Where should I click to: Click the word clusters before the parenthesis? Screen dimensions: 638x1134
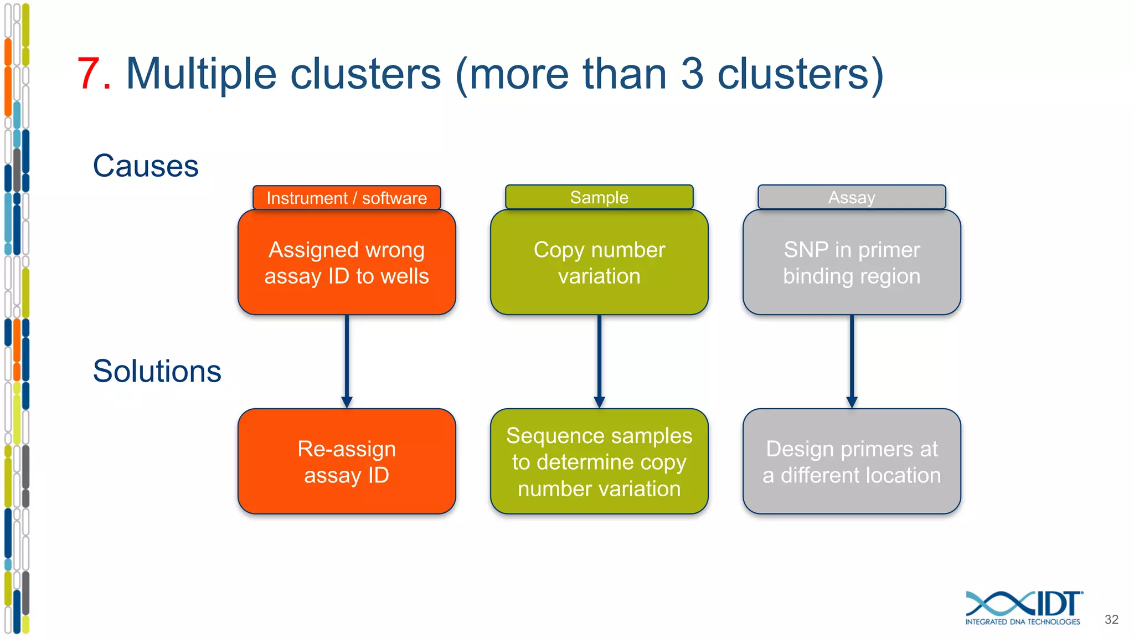tap(365, 74)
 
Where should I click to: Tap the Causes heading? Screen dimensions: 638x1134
tap(146, 166)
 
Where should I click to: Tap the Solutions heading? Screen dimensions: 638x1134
tap(157, 371)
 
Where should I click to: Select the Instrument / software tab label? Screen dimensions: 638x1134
tap(347, 198)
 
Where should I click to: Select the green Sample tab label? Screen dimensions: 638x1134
tap(599, 197)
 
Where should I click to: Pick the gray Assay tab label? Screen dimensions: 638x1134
tap(852, 197)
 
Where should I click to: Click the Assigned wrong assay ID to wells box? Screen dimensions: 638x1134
tap(347, 263)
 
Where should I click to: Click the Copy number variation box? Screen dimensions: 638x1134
tap(599, 263)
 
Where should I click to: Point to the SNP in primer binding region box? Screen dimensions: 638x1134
tap(852, 263)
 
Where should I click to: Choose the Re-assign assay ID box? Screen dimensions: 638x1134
tap(347, 461)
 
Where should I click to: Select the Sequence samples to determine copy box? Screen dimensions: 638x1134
tap(599, 461)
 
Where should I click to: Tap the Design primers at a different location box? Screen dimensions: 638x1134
tap(852, 461)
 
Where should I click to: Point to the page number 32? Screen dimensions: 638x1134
tap(1111, 620)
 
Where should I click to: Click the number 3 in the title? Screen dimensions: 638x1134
tap(692, 74)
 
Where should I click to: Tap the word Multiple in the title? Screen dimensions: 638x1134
tap(201, 74)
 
